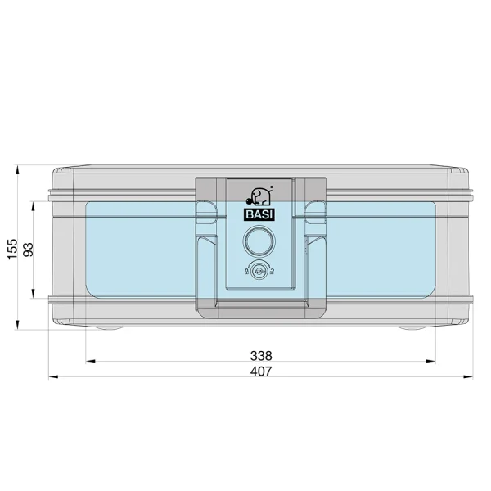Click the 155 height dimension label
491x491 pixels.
[12, 249]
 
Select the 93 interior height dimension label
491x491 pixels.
[28, 250]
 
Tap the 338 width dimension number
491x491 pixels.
[261, 356]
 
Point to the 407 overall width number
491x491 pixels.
[261, 372]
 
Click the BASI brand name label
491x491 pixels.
[259, 214]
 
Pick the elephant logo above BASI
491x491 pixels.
[259, 196]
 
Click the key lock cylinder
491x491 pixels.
[259, 271]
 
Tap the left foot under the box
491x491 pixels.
[109, 328]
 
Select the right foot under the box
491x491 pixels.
[412, 328]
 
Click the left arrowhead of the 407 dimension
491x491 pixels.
[53, 376]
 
